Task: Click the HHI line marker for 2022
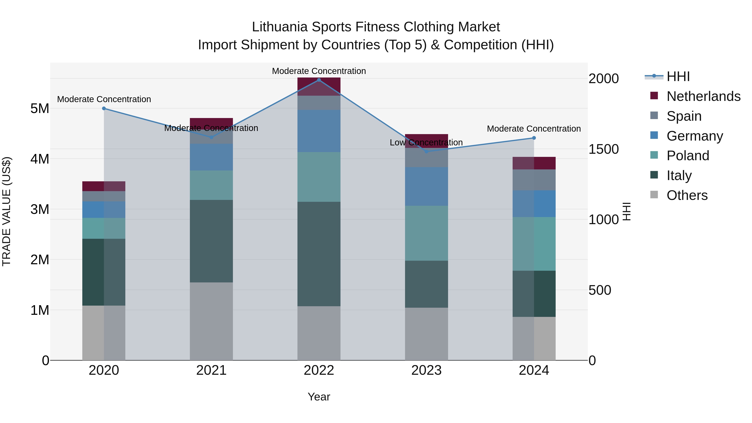(319, 80)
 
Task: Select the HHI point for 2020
(104, 108)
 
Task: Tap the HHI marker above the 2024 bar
(534, 138)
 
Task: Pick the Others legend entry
(687, 195)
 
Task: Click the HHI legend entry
(678, 76)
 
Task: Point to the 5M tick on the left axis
(40, 109)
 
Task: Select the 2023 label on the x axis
(426, 370)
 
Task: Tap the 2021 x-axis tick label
(211, 370)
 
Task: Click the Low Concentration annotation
(426, 142)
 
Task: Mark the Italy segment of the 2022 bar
(319, 254)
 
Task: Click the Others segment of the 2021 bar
(211, 321)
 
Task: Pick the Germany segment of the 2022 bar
(319, 131)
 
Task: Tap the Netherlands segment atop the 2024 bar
(534, 163)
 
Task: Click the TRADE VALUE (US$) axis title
(6, 211)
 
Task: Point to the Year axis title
(319, 397)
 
